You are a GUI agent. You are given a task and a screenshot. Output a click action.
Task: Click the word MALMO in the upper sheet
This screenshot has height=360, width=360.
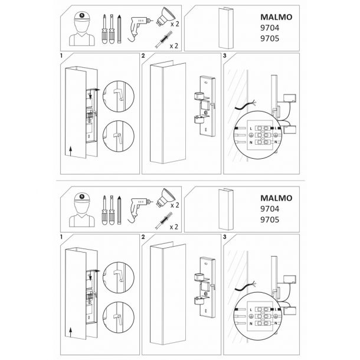pyautogui.click(x=276, y=17)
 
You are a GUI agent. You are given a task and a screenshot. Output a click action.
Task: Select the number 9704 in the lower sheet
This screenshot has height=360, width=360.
pyautogui.click(x=270, y=209)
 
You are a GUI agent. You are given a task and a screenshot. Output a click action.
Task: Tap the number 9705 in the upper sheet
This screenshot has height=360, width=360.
pyautogui.click(x=270, y=38)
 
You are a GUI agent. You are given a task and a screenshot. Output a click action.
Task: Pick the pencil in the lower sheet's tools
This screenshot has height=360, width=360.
pyautogui.click(x=119, y=210)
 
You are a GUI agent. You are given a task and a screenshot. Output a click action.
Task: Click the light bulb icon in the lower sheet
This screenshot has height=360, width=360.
pyautogui.click(x=165, y=197)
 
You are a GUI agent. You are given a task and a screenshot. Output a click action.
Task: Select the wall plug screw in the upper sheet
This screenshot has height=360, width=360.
pyautogui.click(x=163, y=40)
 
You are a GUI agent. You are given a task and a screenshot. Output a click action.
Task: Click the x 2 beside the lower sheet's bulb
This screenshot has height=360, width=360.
pyautogui.click(x=175, y=205)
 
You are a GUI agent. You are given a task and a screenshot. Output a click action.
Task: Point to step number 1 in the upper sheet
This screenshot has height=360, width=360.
pyautogui.click(x=61, y=55)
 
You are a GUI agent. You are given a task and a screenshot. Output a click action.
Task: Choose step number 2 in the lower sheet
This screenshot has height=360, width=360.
pyautogui.click(x=143, y=237)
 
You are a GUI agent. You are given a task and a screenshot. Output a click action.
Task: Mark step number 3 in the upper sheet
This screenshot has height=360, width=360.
pyautogui.click(x=224, y=55)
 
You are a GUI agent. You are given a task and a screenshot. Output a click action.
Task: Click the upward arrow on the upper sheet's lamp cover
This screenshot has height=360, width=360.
pyautogui.click(x=71, y=151)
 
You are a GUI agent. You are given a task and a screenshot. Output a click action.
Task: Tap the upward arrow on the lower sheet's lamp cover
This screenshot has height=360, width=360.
pyautogui.click(x=71, y=332)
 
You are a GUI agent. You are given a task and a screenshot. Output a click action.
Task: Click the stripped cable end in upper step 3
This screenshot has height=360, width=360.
pyautogui.click(x=253, y=103)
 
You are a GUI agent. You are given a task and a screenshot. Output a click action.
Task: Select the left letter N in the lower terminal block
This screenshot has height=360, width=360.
pyautogui.click(x=251, y=324)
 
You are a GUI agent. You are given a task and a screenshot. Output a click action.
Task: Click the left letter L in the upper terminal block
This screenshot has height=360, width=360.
pyautogui.click(x=251, y=129)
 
